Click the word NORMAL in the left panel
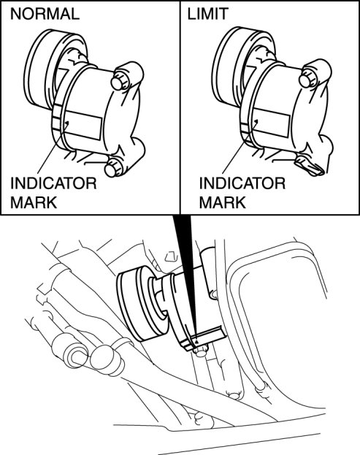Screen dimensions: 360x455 point(45,14)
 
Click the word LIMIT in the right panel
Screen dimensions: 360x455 point(207,14)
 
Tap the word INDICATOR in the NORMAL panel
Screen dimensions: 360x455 point(53,183)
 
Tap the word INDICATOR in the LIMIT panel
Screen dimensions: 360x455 point(242,183)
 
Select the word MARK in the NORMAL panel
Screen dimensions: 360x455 point(34,202)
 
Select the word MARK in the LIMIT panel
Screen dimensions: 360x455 point(223,202)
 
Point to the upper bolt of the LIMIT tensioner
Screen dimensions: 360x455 point(307,79)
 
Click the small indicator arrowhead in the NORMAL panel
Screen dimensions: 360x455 point(66,124)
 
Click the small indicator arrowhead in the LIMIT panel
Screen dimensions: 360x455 point(256,121)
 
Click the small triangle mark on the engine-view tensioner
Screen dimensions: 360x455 point(197,342)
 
